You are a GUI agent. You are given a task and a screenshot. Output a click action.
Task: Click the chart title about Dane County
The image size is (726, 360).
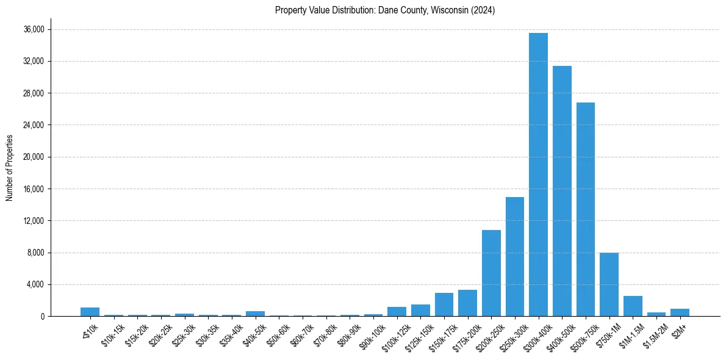(384, 10)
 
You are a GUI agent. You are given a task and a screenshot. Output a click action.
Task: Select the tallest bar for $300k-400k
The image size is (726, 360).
(538, 175)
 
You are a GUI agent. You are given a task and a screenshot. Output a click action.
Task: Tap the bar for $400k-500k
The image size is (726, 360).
(562, 191)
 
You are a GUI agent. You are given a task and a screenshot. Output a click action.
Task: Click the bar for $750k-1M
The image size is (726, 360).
(609, 284)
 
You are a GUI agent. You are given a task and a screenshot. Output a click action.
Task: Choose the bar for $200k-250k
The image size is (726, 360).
(491, 273)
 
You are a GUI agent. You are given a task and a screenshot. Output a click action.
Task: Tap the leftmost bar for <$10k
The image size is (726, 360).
(90, 312)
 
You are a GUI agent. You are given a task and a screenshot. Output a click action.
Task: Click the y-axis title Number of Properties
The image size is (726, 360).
(9, 167)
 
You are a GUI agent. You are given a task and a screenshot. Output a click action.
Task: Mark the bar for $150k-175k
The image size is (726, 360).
(444, 304)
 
